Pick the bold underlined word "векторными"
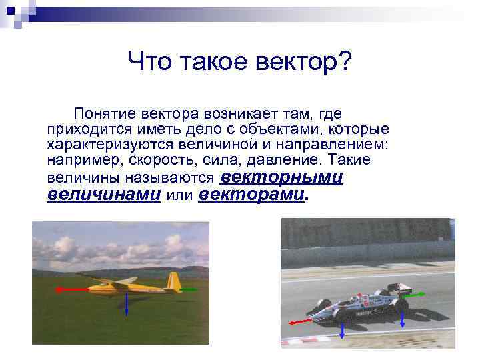click(281, 177)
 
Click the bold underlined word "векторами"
click(251, 195)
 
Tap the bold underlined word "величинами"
click(104, 195)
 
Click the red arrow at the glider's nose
click(67, 289)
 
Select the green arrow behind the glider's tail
click(189, 289)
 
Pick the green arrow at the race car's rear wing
click(416, 294)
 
